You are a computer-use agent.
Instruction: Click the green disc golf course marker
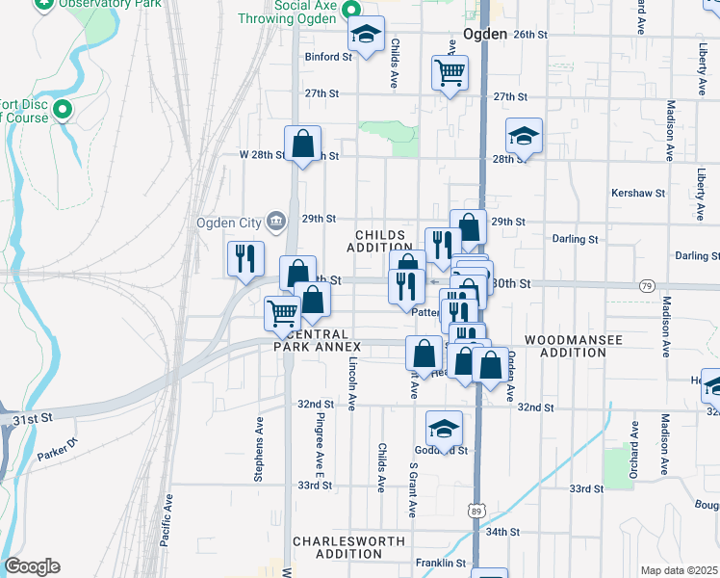[64, 110]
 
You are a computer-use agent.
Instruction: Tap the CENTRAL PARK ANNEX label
[317, 346]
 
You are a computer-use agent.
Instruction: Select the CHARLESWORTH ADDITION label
[348, 547]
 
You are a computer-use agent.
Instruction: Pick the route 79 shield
[647, 286]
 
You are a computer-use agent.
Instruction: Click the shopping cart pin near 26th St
[450, 72]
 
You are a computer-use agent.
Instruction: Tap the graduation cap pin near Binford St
[365, 36]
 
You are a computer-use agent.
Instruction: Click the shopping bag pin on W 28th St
[302, 145]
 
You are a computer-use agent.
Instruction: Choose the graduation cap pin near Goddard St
[445, 430]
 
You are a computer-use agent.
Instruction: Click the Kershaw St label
[638, 193]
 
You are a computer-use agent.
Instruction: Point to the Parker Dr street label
[56, 450]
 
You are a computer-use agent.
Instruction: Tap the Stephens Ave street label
[258, 449]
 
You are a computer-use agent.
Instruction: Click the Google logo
[32, 566]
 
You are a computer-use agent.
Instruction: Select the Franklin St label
[440, 564]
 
